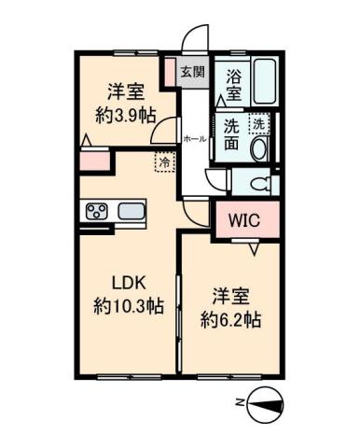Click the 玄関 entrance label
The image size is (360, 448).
tap(193, 72)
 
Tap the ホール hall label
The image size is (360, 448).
tap(195, 138)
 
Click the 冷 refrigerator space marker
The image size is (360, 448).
tap(163, 160)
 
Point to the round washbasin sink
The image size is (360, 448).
tap(259, 148)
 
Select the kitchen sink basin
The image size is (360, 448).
tap(132, 210)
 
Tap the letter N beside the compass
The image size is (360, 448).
tap(240, 402)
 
